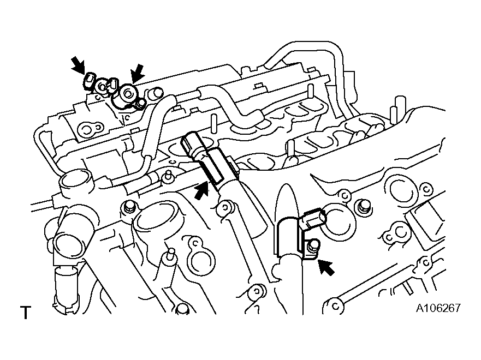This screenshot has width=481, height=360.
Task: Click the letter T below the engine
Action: tap(26, 312)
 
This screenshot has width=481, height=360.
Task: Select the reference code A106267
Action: tap(438, 308)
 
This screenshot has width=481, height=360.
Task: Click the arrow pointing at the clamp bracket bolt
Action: tap(326, 267)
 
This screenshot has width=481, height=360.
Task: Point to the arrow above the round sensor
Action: tap(137, 74)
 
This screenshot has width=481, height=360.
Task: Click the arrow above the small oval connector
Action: tap(78, 65)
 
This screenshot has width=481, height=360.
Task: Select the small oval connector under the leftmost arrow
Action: tap(88, 81)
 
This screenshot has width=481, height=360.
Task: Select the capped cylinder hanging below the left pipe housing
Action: tap(66, 290)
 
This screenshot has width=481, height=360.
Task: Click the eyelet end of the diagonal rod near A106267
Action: tap(334, 305)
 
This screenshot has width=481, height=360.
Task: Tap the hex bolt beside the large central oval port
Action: tap(128, 207)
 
